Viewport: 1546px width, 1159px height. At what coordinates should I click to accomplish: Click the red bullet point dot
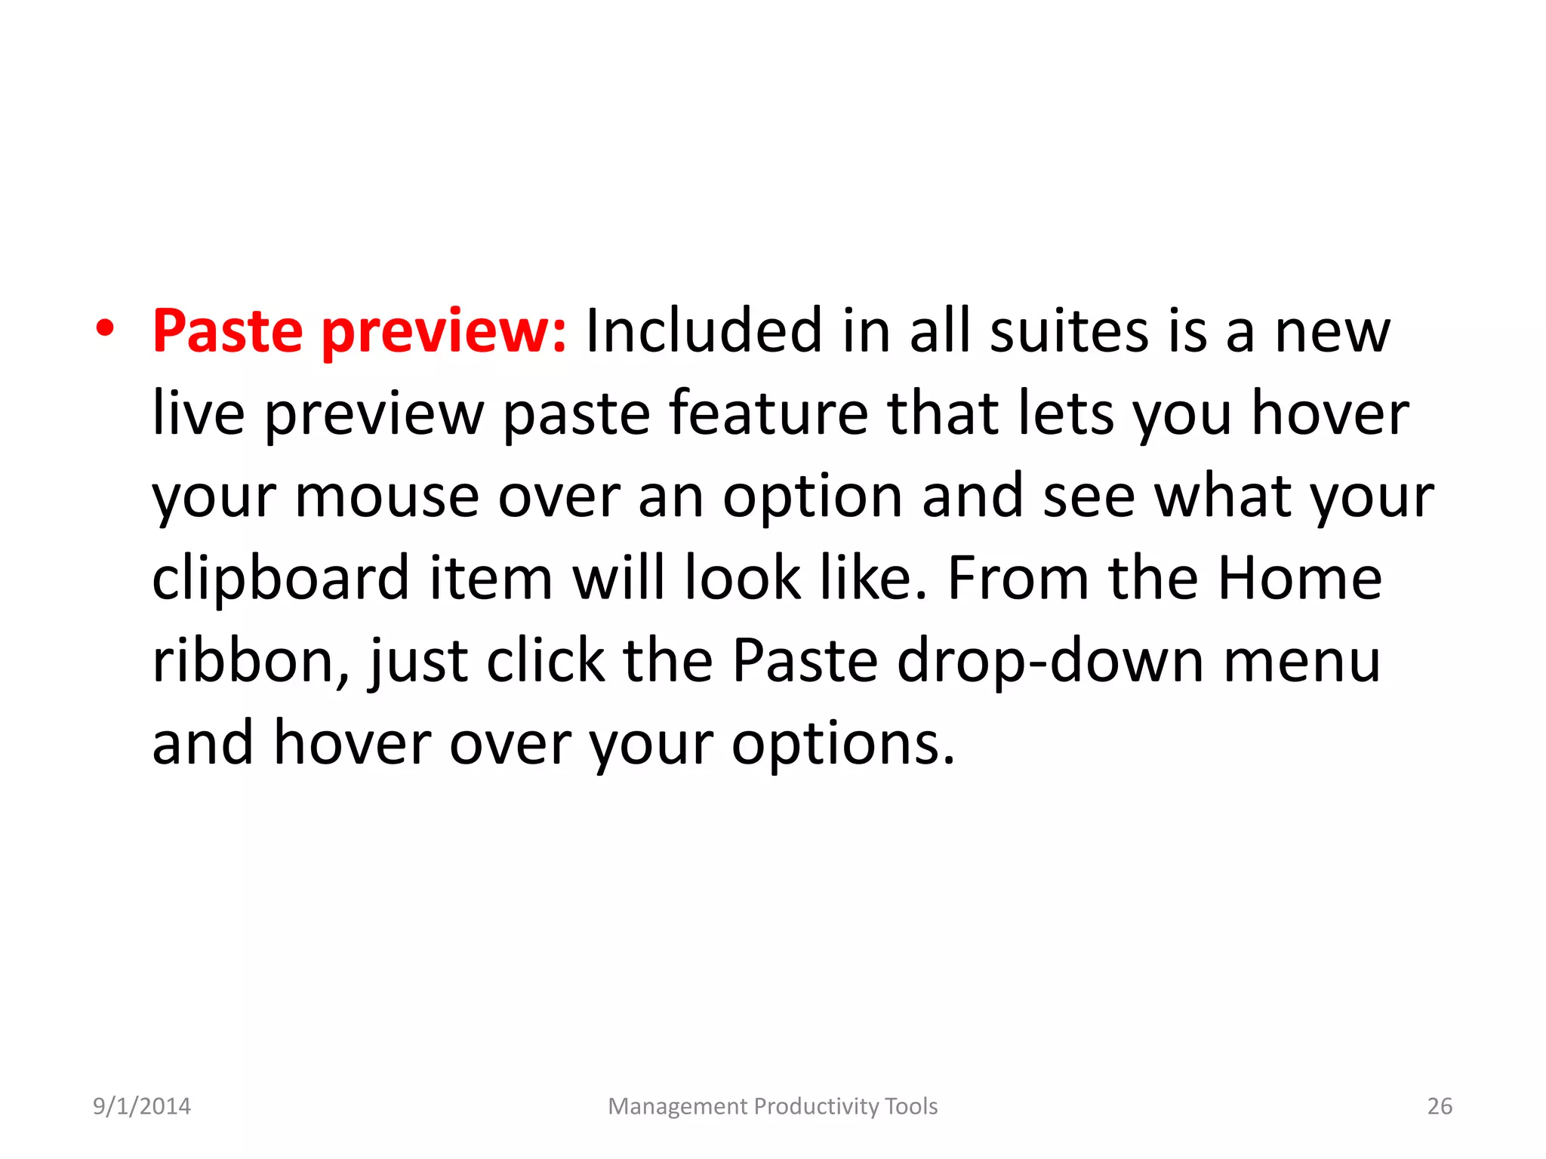105,330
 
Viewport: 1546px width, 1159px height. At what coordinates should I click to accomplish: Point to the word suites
1069,331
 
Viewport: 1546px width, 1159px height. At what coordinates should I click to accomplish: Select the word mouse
386,498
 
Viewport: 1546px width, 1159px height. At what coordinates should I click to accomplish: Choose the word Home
1300,578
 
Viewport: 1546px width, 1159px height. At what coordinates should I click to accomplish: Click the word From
1018,578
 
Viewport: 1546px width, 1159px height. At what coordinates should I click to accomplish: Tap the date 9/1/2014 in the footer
142,1106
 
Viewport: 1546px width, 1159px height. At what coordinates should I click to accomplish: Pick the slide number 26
1440,1106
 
